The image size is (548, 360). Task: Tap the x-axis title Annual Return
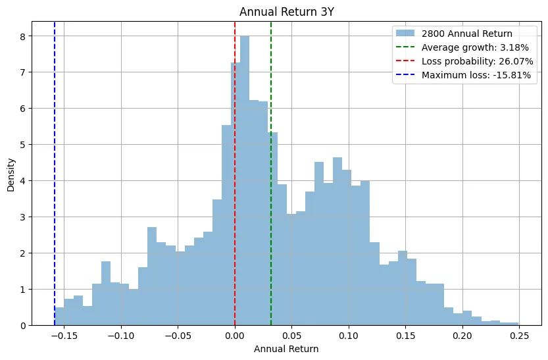click(x=286, y=349)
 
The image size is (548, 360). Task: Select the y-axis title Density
click(x=12, y=173)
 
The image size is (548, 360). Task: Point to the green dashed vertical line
click(x=271, y=99)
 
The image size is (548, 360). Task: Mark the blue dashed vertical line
click(x=55, y=165)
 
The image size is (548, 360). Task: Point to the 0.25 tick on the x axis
click(x=519, y=335)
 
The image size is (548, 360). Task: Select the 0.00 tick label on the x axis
click(x=235, y=335)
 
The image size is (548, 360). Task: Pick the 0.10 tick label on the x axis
click(x=349, y=335)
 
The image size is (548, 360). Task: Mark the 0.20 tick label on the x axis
click(x=462, y=335)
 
